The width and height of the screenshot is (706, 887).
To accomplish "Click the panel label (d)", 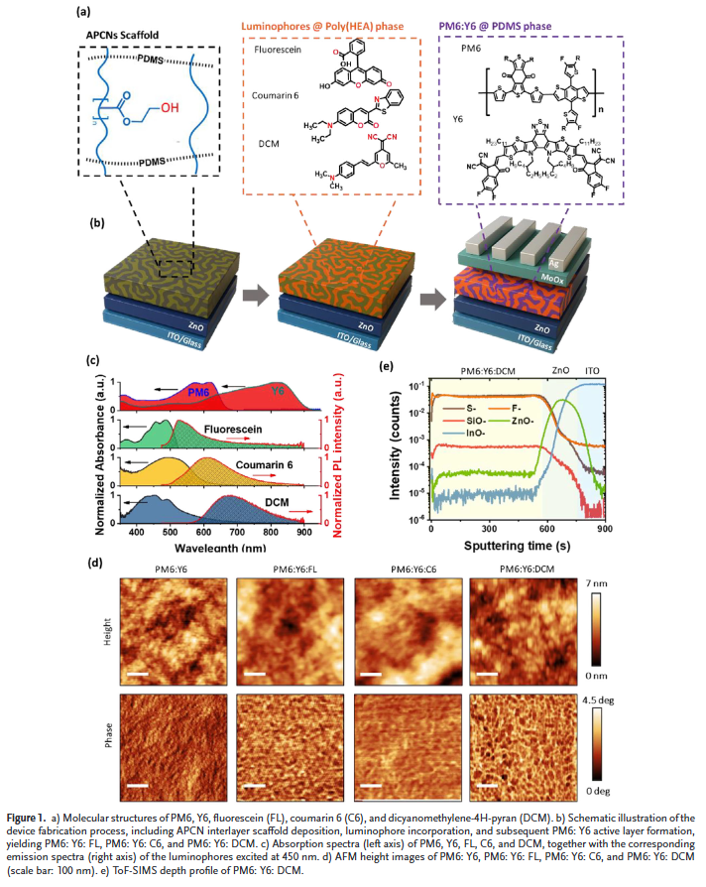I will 96,563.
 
